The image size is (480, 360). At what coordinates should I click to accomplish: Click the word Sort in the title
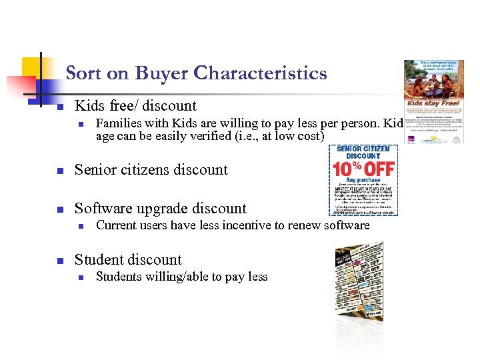point(83,73)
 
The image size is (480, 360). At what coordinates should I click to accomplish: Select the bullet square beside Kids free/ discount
point(59,107)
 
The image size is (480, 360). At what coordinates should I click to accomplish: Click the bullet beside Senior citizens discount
point(59,171)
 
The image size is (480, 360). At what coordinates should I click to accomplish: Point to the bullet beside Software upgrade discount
point(59,209)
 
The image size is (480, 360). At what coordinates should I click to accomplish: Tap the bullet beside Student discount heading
point(59,261)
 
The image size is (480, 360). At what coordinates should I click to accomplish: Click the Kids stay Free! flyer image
point(433,101)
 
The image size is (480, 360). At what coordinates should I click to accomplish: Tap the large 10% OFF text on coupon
point(364,167)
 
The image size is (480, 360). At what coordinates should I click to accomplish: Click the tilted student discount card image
point(359,280)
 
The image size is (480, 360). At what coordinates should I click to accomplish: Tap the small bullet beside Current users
point(80,226)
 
